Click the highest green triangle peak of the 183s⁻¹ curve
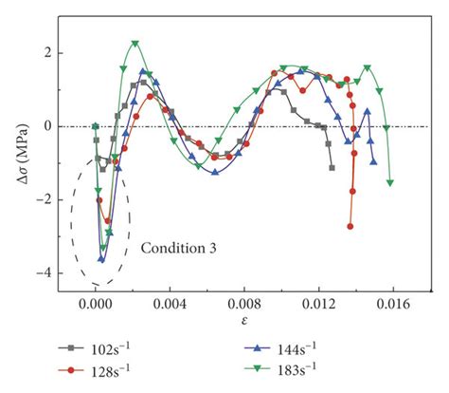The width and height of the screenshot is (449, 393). click(135, 44)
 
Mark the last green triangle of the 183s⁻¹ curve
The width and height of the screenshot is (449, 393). click(390, 182)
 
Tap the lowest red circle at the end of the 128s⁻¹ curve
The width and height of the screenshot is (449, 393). click(350, 227)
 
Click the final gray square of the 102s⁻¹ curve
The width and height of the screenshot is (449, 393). click(332, 167)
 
